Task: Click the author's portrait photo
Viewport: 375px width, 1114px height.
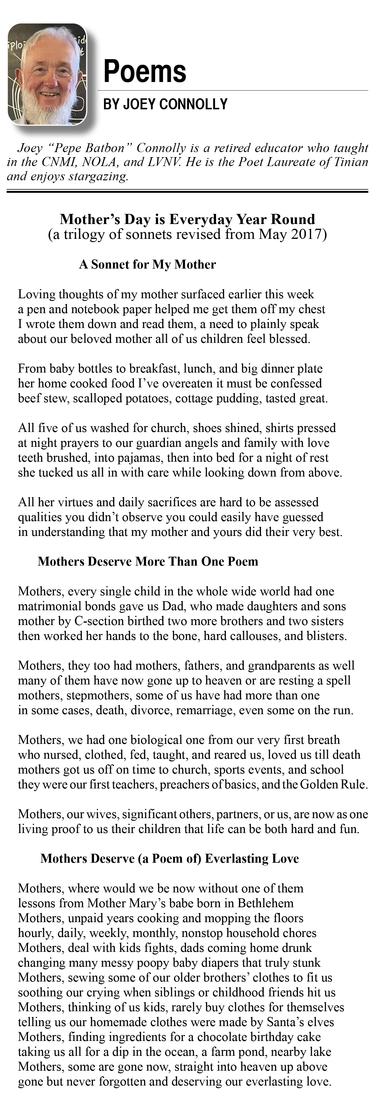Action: tap(48, 74)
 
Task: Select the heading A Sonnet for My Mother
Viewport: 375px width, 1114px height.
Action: tap(147, 265)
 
